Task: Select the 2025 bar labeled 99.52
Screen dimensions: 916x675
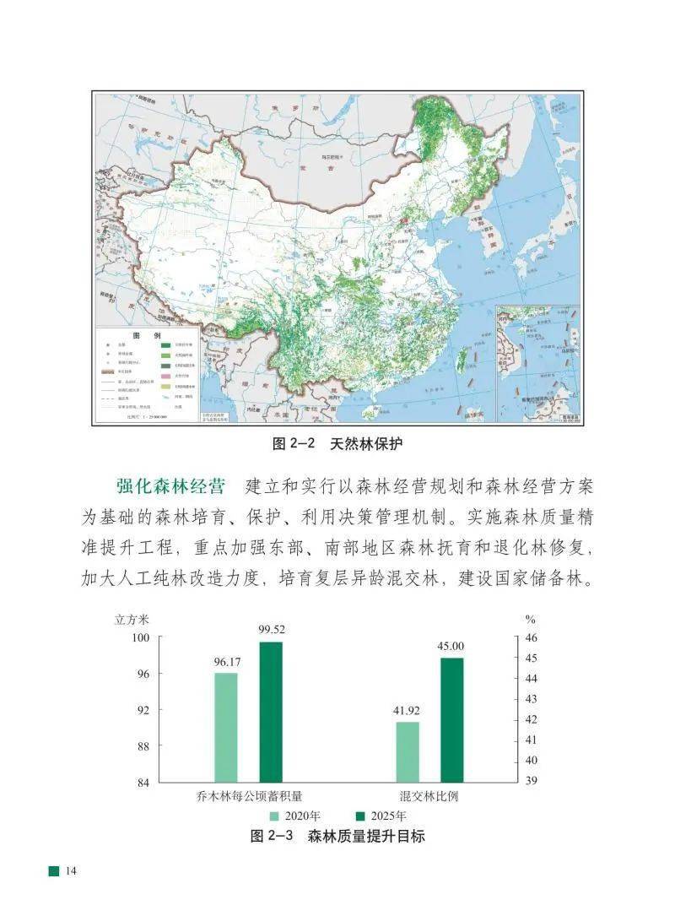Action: point(271,712)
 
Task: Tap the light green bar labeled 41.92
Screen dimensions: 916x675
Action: point(407,751)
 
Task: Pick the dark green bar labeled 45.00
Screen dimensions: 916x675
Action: point(451,719)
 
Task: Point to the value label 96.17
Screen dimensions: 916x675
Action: point(227,663)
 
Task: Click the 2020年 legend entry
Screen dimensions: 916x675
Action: point(294,816)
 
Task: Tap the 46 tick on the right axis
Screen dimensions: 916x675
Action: point(532,637)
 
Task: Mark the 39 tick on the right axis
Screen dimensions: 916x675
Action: point(532,783)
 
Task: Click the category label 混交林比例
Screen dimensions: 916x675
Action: point(429,797)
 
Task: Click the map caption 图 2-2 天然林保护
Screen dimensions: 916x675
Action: point(337,443)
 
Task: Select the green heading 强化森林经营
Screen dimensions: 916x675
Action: point(170,487)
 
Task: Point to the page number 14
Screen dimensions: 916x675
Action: point(71,870)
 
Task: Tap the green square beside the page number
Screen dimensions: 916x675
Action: point(54,870)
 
